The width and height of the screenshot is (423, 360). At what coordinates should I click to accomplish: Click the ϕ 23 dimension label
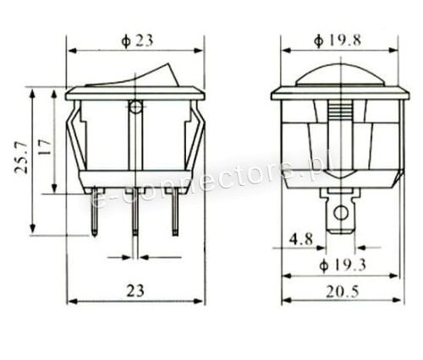coord(137,41)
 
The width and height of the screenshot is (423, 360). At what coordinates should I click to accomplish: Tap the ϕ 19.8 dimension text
coord(338,41)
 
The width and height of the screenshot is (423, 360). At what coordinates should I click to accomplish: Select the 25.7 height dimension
coord(21,158)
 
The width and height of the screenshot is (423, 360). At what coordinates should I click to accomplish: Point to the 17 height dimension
coord(45,147)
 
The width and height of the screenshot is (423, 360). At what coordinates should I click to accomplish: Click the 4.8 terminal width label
coord(301,240)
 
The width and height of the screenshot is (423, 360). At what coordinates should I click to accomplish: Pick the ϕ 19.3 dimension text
coord(343,265)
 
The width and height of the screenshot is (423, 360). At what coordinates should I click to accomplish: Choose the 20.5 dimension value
coord(343,292)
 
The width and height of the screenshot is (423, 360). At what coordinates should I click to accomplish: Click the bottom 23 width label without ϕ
coord(135,291)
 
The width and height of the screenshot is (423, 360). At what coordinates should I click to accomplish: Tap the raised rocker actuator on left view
coord(133,76)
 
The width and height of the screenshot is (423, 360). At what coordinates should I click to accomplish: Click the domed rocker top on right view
coord(341,74)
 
